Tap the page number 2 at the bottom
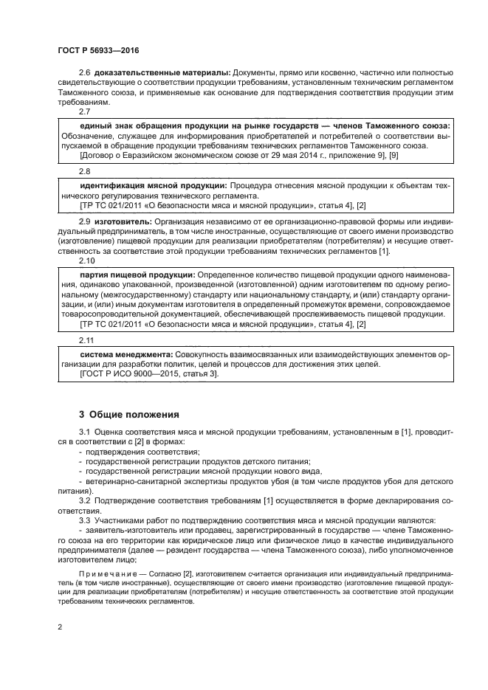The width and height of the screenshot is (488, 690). (61, 627)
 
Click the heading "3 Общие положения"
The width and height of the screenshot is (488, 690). (128, 415)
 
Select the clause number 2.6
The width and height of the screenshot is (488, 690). (84, 73)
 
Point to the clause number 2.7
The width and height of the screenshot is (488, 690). (84, 111)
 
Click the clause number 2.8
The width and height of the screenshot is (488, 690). (84, 169)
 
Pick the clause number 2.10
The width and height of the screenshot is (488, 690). (86, 261)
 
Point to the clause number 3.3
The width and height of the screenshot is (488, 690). (84, 520)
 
